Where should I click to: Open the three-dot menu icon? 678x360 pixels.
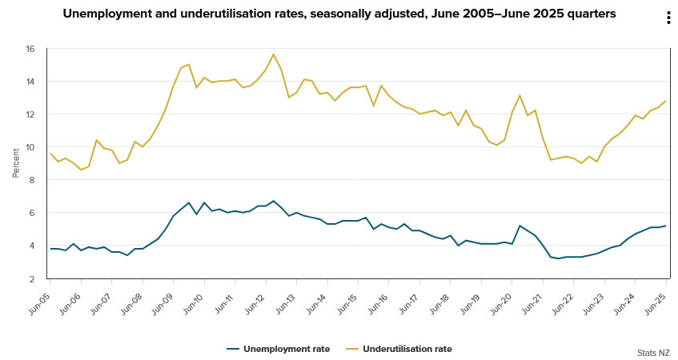tap(668, 18)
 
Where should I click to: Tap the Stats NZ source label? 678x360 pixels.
tap(653, 352)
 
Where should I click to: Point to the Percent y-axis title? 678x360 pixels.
tap(15, 163)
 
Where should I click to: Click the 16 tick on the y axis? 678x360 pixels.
tap(30, 49)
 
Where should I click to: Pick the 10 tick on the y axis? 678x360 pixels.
tap(30, 147)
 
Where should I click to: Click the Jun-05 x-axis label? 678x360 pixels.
tap(39, 298)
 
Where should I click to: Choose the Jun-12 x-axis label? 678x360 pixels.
tap(255, 298)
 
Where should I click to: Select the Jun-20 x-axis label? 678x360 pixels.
tap(501, 298)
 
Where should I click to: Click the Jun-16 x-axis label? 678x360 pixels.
tap(378, 298)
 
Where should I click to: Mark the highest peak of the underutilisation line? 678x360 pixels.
tap(274, 54)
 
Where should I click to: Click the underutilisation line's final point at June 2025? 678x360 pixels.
tap(665, 101)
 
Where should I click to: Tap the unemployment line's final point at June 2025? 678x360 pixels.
tap(665, 226)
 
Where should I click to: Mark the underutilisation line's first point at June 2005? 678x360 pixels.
tap(50, 154)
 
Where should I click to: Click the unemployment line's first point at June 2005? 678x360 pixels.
tap(50, 249)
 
